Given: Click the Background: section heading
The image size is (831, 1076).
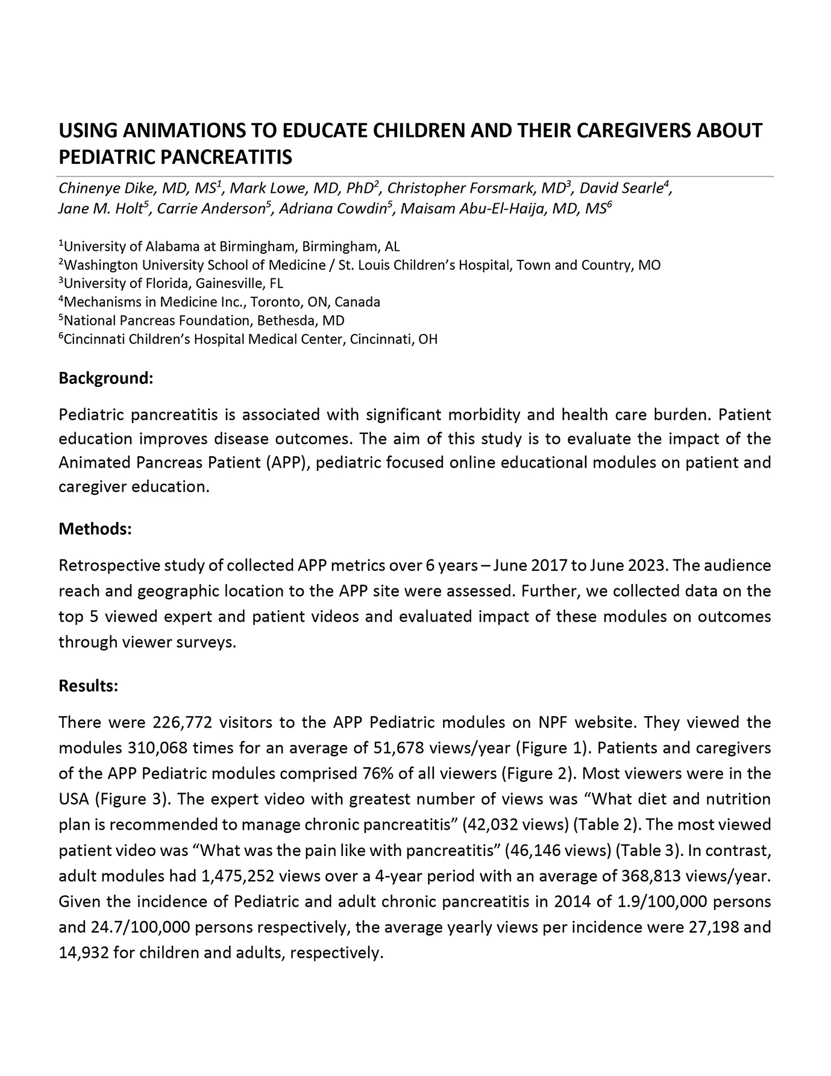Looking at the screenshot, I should coord(105,379).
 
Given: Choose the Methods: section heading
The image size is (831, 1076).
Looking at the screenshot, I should coord(95,529).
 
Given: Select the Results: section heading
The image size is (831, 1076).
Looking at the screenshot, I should coord(88,686).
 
